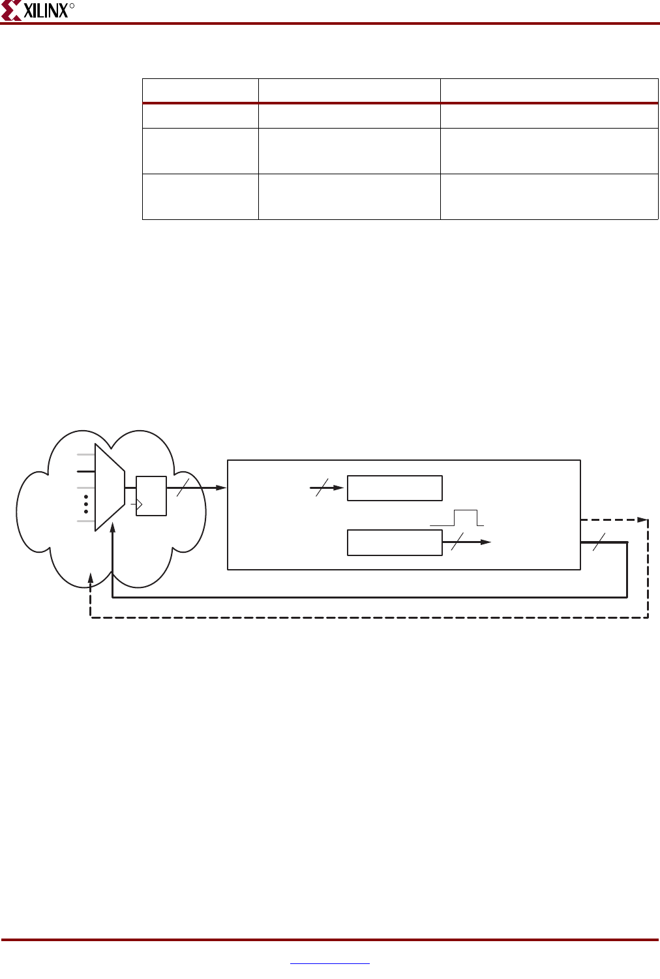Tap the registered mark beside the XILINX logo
(x=72, y=6)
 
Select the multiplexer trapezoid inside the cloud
(x=109, y=487)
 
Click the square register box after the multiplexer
(x=151, y=496)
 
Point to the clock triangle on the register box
(x=139, y=505)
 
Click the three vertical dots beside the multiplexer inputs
(x=86, y=504)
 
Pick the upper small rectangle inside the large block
(x=395, y=488)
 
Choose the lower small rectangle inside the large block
(x=395, y=542)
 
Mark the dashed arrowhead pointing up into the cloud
(x=91, y=580)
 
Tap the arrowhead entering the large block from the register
(x=222, y=488)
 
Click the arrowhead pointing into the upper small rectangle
(x=338, y=488)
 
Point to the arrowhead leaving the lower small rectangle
(x=486, y=542)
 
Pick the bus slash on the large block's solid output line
(x=599, y=542)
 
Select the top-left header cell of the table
(x=200, y=91)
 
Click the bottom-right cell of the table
(x=549, y=196)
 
